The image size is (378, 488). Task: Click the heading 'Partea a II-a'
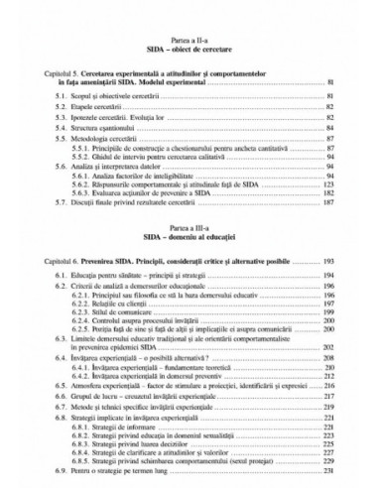tap(189, 37)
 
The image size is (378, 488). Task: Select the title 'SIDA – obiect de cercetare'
tap(189, 47)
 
